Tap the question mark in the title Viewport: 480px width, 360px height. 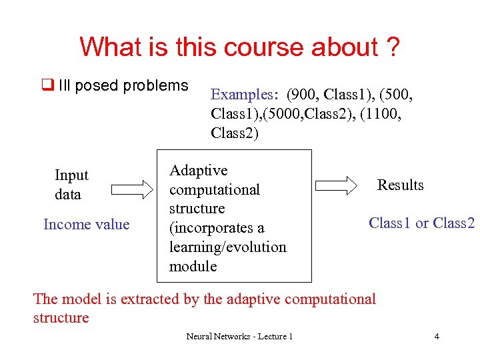(x=392, y=47)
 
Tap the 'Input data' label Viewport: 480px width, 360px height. (x=71, y=185)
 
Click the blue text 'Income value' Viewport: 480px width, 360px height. (x=86, y=224)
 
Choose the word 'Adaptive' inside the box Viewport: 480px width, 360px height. (x=198, y=171)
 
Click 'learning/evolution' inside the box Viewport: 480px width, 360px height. (x=227, y=247)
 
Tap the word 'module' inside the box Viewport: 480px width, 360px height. (x=193, y=266)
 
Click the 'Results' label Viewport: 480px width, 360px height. (x=400, y=185)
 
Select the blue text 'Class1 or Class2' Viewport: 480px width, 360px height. (x=421, y=223)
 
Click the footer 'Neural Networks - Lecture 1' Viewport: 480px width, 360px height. (x=239, y=337)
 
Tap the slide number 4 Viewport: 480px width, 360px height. (x=437, y=337)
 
